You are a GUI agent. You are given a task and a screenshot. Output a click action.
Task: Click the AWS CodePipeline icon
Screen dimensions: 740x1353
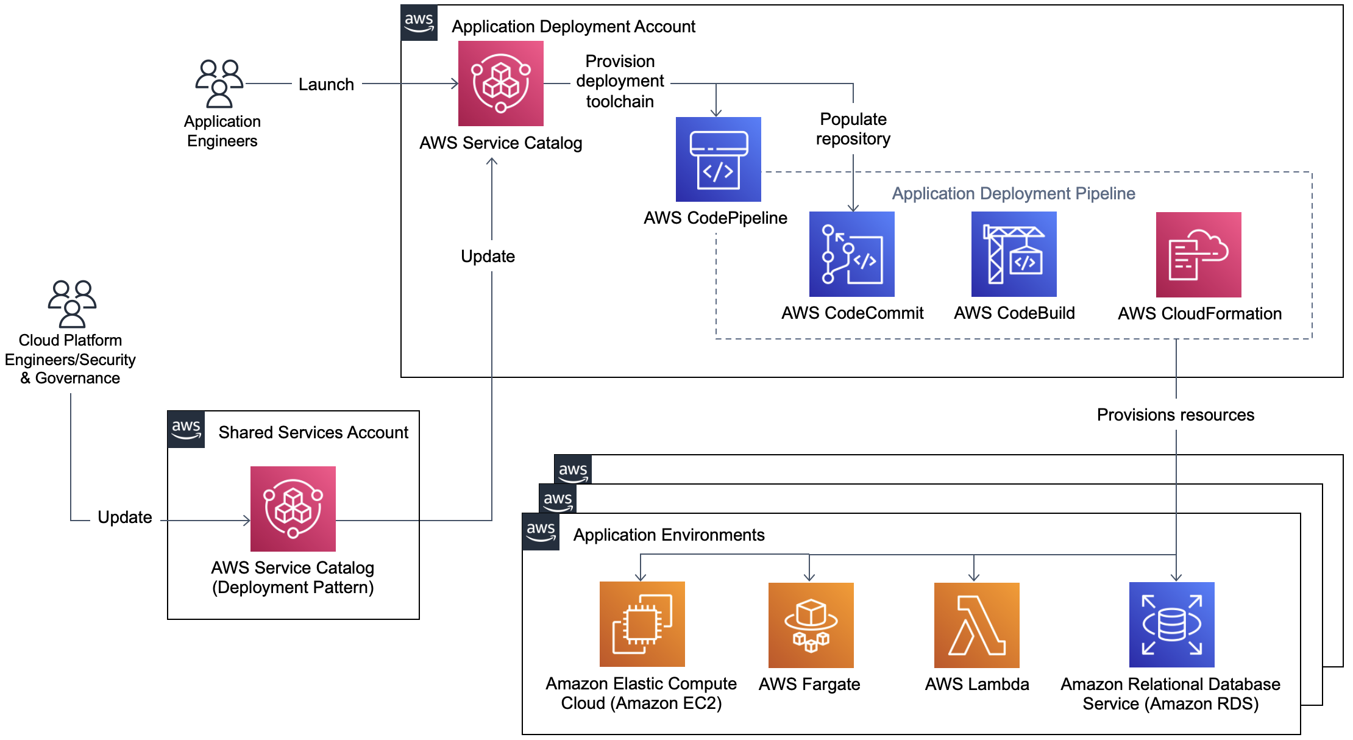pos(718,159)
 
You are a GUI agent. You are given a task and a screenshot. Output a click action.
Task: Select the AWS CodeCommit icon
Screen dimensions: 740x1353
pos(851,254)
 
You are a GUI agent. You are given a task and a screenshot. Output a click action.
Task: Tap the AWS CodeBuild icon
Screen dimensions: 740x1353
pos(1014,254)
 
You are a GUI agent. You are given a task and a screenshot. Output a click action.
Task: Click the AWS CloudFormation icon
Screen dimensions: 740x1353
pos(1198,255)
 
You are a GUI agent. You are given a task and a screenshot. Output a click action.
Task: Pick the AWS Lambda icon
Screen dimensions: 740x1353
pos(976,625)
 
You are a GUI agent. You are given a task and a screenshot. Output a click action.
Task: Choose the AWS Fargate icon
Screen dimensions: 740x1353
pos(811,625)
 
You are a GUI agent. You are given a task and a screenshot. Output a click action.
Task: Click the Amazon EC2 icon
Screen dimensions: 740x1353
pos(642,624)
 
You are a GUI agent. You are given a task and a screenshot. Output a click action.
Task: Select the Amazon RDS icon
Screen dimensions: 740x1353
pos(1171,625)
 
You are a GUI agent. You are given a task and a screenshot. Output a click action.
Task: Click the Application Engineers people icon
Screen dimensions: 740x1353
pos(219,84)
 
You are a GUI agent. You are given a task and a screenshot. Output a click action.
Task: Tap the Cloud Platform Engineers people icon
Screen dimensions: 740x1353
pos(72,304)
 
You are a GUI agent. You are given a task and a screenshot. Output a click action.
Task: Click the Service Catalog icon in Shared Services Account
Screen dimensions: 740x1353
pos(293,509)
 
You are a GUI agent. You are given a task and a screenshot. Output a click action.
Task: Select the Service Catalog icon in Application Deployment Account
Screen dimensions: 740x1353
pos(500,84)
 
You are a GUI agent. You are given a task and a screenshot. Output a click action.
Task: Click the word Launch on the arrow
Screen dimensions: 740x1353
pos(326,85)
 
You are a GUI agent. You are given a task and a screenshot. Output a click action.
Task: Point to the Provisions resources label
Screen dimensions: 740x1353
pos(1175,415)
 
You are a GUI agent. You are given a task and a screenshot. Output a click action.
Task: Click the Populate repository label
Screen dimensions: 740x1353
pos(853,129)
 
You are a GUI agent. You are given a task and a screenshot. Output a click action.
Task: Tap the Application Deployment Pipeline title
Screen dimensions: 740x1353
pos(1013,194)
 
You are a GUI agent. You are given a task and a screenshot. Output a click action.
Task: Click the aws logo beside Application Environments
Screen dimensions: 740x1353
pos(541,532)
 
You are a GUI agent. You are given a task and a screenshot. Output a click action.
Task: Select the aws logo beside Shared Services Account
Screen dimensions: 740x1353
pos(186,430)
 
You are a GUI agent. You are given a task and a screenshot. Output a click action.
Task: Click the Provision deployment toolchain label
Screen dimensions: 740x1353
pos(620,81)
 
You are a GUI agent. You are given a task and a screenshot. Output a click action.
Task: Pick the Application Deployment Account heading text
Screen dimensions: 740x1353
pos(573,27)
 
